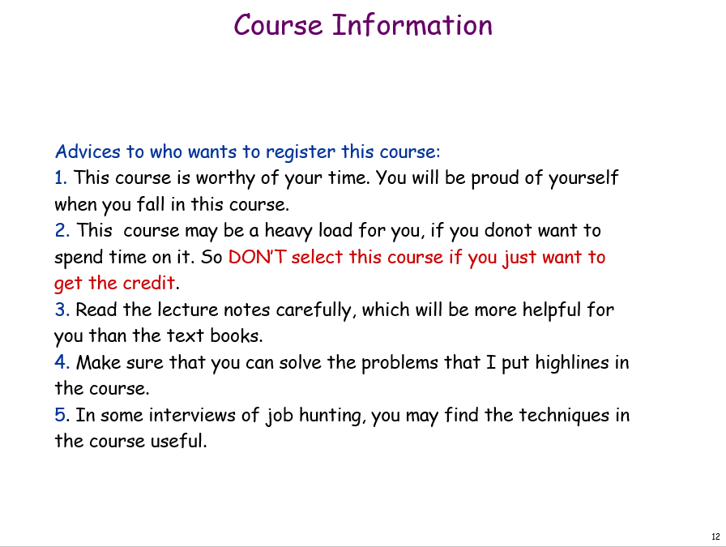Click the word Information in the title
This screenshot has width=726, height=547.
(412, 25)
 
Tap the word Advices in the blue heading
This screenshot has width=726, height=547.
(88, 152)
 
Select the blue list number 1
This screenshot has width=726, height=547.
(61, 177)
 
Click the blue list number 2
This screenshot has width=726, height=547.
(62, 230)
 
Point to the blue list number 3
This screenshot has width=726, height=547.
(62, 310)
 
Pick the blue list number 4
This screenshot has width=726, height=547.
(62, 362)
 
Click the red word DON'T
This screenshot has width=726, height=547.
(258, 257)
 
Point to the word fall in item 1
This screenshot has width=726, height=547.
(151, 203)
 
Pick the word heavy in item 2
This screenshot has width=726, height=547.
(288, 231)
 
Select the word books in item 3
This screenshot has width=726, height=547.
(237, 335)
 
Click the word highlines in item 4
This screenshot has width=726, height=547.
(572, 363)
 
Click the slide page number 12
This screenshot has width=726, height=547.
(715, 536)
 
